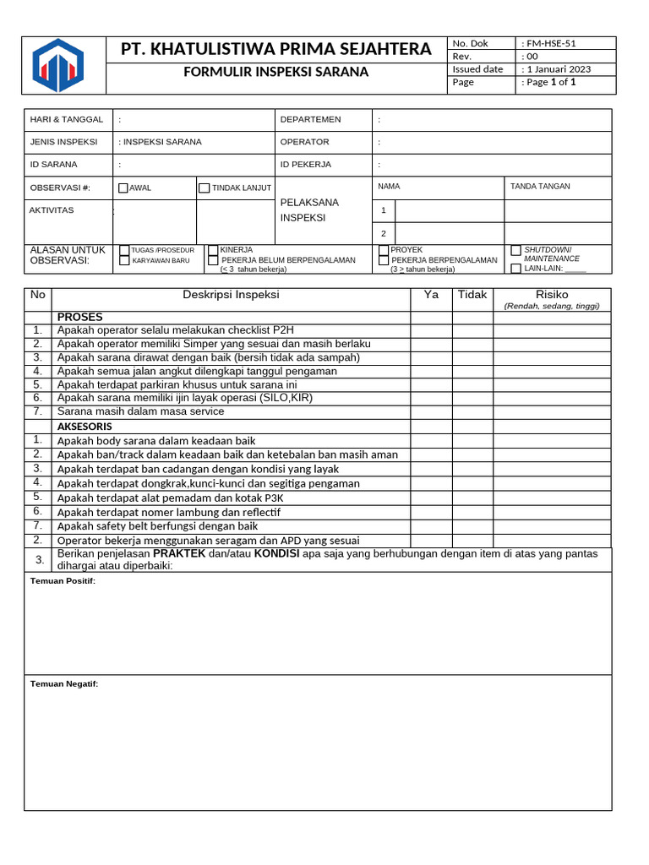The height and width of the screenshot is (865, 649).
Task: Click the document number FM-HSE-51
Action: click(554, 43)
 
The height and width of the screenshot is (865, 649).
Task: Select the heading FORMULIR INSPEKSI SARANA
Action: click(276, 72)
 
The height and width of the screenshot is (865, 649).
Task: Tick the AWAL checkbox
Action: click(123, 188)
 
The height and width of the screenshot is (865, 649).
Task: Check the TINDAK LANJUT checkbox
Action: click(204, 188)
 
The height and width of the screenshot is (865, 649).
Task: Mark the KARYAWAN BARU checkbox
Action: click(125, 261)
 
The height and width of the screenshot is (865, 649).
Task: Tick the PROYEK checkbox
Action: click(384, 250)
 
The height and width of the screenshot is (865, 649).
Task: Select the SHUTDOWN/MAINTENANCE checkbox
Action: click(516, 251)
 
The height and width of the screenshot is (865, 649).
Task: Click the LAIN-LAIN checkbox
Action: click(516, 269)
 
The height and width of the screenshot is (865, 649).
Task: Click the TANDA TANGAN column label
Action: click(540, 187)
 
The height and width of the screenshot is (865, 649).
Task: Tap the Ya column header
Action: click(431, 295)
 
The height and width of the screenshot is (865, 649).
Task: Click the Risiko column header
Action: click(552, 295)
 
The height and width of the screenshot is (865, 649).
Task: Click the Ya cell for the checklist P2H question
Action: click(431, 330)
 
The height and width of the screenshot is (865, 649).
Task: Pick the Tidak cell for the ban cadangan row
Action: click(472, 469)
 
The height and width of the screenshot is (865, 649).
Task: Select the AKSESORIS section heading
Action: click(85, 427)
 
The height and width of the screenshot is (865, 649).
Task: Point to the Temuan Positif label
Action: click(63, 581)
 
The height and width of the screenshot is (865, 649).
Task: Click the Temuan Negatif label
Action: click(64, 684)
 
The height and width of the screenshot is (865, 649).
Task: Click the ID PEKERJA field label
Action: click(306, 165)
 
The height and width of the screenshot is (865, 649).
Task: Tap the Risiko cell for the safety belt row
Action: click(552, 526)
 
